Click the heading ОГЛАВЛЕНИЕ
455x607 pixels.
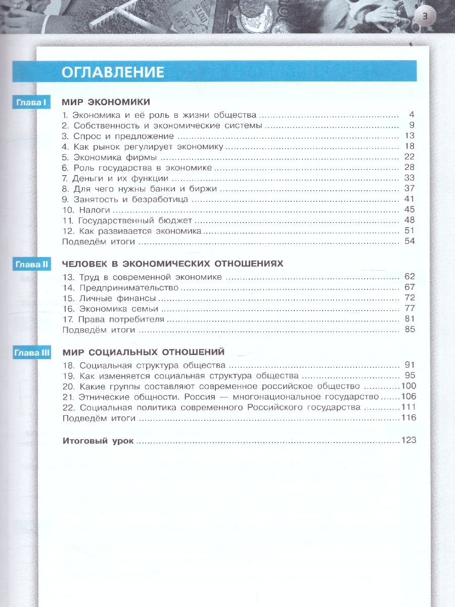(113, 72)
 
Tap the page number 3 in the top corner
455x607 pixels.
(425, 17)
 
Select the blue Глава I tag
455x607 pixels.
(31, 103)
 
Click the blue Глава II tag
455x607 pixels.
(31, 264)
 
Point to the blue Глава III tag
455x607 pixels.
(31, 353)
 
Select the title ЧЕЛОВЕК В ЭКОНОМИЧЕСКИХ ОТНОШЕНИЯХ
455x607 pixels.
(172, 264)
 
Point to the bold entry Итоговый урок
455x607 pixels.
(98, 441)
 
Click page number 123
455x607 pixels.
(408, 441)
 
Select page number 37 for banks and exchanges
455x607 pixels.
(409, 189)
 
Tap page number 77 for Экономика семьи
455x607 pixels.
(409, 309)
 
